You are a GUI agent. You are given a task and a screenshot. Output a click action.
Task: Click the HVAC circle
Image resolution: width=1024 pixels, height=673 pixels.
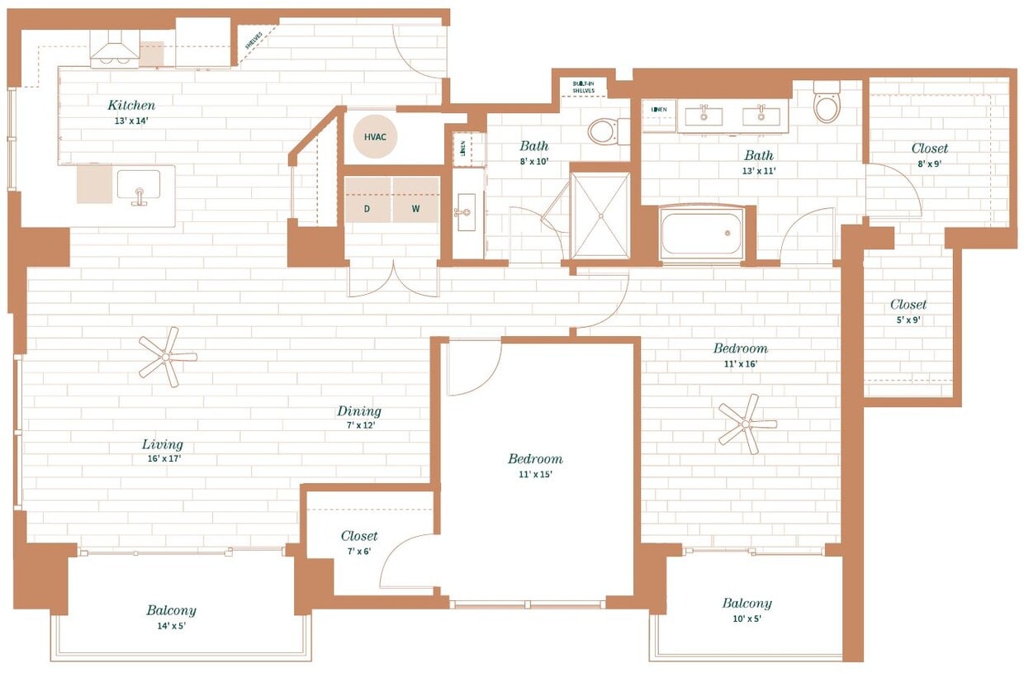click(x=375, y=137)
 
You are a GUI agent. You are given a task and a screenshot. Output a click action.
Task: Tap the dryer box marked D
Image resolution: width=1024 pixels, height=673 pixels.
click(x=367, y=209)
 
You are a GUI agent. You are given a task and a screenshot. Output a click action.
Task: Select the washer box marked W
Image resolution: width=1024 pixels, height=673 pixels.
click(x=415, y=209)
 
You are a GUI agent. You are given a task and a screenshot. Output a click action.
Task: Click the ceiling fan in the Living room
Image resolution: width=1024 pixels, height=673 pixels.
click(x=168, y=357)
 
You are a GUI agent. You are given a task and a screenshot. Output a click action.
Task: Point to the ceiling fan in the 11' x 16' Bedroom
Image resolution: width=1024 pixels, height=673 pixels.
click(x=747, y=424)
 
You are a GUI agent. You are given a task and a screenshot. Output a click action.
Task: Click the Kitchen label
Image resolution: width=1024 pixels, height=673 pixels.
click(x=131, y=106)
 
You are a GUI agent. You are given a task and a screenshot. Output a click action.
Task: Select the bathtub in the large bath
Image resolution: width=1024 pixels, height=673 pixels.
click(x=702, y=234)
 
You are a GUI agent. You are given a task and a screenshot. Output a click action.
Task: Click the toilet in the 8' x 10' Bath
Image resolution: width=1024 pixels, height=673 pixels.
click(x=604, y=130)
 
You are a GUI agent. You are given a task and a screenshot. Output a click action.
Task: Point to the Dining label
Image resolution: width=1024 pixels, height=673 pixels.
click(x=359, y=411)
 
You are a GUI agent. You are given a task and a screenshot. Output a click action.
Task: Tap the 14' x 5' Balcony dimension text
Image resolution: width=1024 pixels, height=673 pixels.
click(x=171, y=625)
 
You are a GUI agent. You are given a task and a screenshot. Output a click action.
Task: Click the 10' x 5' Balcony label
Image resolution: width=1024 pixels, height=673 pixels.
click(x=747, y=604)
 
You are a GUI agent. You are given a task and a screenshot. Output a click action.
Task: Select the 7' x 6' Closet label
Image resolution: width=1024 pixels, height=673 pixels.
click(x=359, y=537)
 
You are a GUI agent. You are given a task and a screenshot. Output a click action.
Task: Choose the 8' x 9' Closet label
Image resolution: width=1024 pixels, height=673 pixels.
click(x=930, y=149)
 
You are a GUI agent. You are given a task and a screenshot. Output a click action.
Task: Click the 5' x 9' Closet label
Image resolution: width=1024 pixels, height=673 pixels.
click(x=908, y=305)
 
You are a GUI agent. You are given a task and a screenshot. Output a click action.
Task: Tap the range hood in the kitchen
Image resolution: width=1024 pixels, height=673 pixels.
click(x=115, y=52)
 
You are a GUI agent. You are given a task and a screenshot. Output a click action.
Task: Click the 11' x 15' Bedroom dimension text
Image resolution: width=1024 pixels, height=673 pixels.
click(x=535, y=474)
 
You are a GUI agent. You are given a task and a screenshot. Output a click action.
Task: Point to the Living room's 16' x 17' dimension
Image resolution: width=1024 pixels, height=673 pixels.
click(x=162, y=458)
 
